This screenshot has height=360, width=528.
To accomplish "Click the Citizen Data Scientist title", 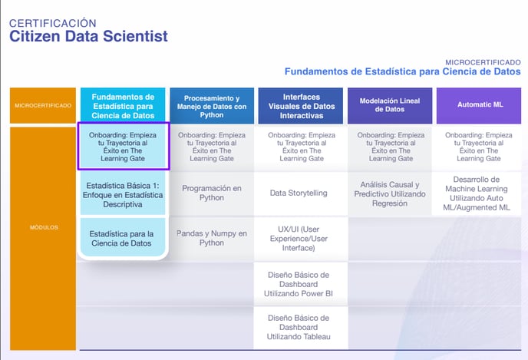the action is point(88,36).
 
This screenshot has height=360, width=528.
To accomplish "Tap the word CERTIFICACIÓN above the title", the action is point(52,23).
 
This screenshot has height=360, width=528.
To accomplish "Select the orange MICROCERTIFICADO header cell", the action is point(43,105).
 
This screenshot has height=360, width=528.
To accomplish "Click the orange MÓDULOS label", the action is point(44,227).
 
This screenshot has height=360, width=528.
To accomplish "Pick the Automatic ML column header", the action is point(479,105).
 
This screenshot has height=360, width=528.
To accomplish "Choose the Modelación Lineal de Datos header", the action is point(390,105).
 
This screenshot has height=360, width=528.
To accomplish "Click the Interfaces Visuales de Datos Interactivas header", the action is point(300,106).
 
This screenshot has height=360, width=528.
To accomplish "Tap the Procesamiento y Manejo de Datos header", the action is point(212,106).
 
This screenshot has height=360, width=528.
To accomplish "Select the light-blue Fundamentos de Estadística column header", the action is point(123,106).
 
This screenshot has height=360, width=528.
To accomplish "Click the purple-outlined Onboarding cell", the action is point(124,146).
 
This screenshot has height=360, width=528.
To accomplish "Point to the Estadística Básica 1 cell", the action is point(123,195).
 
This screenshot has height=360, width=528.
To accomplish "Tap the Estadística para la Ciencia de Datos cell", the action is point(123,239).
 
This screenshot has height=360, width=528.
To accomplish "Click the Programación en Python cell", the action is point(212,193).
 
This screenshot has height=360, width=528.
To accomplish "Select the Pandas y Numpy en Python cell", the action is point(212,238).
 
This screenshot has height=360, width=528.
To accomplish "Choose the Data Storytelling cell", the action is point(299,193).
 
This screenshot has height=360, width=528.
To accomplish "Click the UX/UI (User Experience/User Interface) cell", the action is point(299,239).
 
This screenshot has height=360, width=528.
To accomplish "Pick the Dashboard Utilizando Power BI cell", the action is point(299,284).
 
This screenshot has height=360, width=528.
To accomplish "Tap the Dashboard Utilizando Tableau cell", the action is point(299,327).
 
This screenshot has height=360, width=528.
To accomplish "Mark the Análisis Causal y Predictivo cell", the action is point(390,193).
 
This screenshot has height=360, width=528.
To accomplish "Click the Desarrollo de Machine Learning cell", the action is point(477,193).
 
